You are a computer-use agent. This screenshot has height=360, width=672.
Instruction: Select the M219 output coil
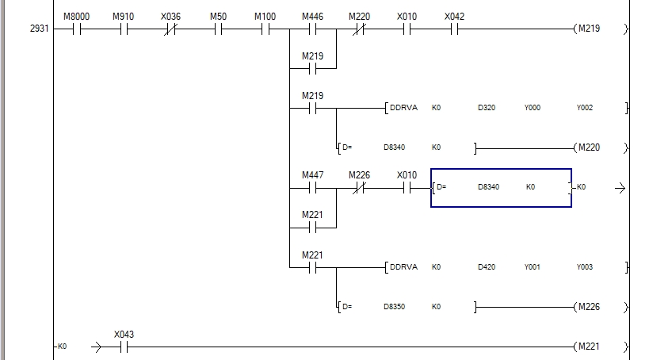tap(588, 29)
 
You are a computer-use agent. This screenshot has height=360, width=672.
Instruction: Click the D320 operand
tap(487, 108)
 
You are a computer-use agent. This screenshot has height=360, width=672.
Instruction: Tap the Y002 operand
tap(584, 108)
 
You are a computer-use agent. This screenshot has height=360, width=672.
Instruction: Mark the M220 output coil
tap(588, 147)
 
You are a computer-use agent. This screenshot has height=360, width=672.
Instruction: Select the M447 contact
tap(312, 188)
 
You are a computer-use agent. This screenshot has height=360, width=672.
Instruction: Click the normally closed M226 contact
tap(359, 188)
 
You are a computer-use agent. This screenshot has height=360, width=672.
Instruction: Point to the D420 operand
tap(487, 267)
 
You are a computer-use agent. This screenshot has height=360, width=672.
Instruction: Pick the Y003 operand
tap(584, 267)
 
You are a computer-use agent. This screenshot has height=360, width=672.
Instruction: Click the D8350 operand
tap(394, 307)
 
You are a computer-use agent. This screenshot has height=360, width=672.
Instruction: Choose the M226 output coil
tap(588, 307)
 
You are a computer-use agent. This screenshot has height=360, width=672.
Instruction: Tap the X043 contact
tap(124, 347)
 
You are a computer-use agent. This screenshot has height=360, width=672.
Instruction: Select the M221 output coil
tap(588, 347)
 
